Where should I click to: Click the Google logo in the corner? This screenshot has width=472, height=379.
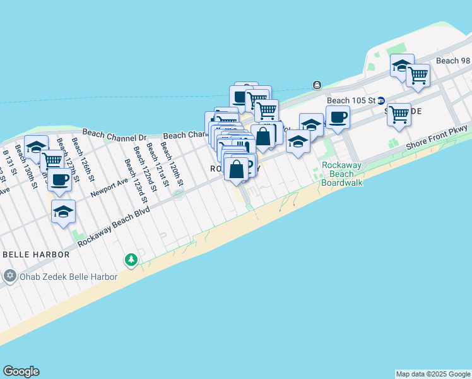tap(21, 371)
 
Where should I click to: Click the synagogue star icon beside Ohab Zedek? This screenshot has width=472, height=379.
tap(9, 276)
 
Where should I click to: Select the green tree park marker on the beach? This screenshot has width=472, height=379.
tap(131, 260)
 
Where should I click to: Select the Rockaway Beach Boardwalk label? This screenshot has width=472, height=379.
tap(341, 174)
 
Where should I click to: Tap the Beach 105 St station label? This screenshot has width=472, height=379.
tap(351, 100)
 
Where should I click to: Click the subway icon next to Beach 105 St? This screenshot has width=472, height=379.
tap(381, 100)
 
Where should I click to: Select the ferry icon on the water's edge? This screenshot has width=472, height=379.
tap(317, 85)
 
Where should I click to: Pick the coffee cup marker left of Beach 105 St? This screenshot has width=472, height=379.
tap(338, 117)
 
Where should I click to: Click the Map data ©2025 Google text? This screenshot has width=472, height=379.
tap(433, 374)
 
